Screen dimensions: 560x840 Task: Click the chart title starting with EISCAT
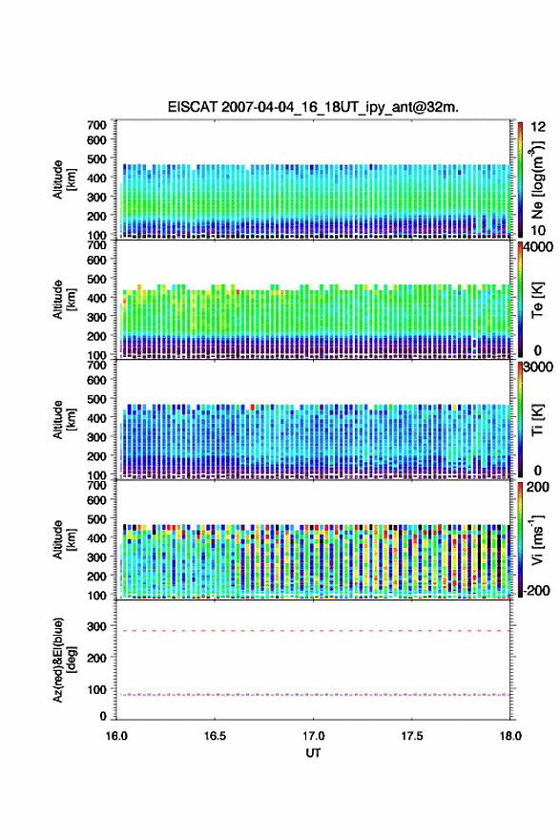coord(313,107)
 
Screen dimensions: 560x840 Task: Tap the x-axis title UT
coord(313,753)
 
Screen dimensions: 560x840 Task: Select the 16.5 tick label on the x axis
coord(214,736)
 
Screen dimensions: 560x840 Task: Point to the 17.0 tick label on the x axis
coord(313,736)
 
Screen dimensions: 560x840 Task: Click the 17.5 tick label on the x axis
coord(411,736)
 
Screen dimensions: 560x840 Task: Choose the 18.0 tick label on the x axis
coord(509,736)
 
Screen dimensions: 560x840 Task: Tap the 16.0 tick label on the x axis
coord(116,736)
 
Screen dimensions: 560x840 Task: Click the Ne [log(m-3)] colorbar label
coord(538,179)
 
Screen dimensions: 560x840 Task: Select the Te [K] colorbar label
coord(537,300)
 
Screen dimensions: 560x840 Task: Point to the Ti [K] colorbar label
coord(537,419)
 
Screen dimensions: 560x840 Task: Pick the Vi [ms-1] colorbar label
coord(537,539)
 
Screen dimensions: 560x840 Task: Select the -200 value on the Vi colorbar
coord(534,590)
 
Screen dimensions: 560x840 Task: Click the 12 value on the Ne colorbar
coord(538,127)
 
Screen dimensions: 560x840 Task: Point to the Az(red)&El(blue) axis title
coord(65,660)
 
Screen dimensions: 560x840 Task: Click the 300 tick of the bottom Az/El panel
coord(96,626)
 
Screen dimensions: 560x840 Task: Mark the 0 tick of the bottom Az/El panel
coord(103,716)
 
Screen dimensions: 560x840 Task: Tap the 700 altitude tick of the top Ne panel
coord(96,125)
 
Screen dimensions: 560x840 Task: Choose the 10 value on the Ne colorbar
coord(538,230)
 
